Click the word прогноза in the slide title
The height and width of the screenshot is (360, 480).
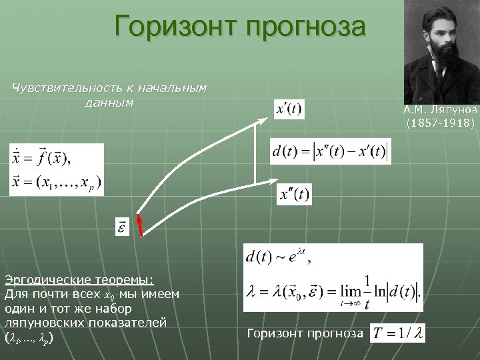coord(306,27)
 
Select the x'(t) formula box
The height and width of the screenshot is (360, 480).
coord(289,109)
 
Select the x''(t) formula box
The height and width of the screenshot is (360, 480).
coord(294,195)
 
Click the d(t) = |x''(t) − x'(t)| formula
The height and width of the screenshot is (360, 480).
coord(330,151)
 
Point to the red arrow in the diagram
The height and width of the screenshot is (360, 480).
coord(140,225)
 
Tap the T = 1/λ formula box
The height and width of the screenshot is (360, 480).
coord(397,333)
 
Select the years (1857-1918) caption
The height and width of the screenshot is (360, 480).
coord(441,123)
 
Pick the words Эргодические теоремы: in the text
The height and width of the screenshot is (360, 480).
coord(79,278)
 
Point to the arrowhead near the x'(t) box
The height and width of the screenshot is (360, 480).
coord(265,120)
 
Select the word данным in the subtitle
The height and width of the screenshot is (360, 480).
coord(110,103)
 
